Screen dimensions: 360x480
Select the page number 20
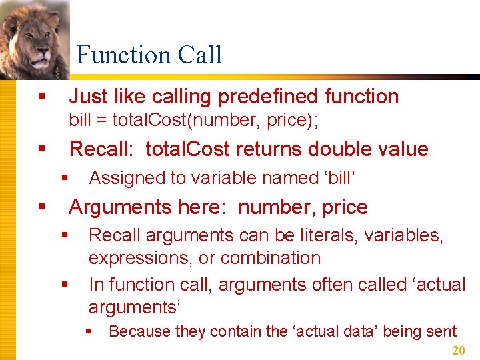[459, 351]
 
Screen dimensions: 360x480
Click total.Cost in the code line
[141, 121]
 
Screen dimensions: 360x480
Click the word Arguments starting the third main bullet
[117, 207]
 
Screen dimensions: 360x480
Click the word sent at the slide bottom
[442, 331]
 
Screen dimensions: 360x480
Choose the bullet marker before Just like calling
[42, 97]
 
